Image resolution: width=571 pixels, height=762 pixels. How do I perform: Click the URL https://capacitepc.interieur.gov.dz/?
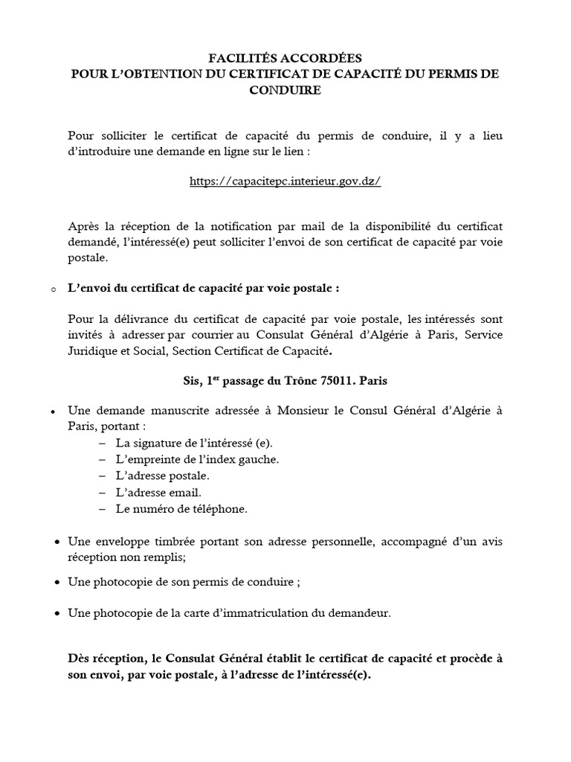point(285,182)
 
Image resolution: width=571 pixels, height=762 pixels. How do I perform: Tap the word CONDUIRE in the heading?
point(285,91)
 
